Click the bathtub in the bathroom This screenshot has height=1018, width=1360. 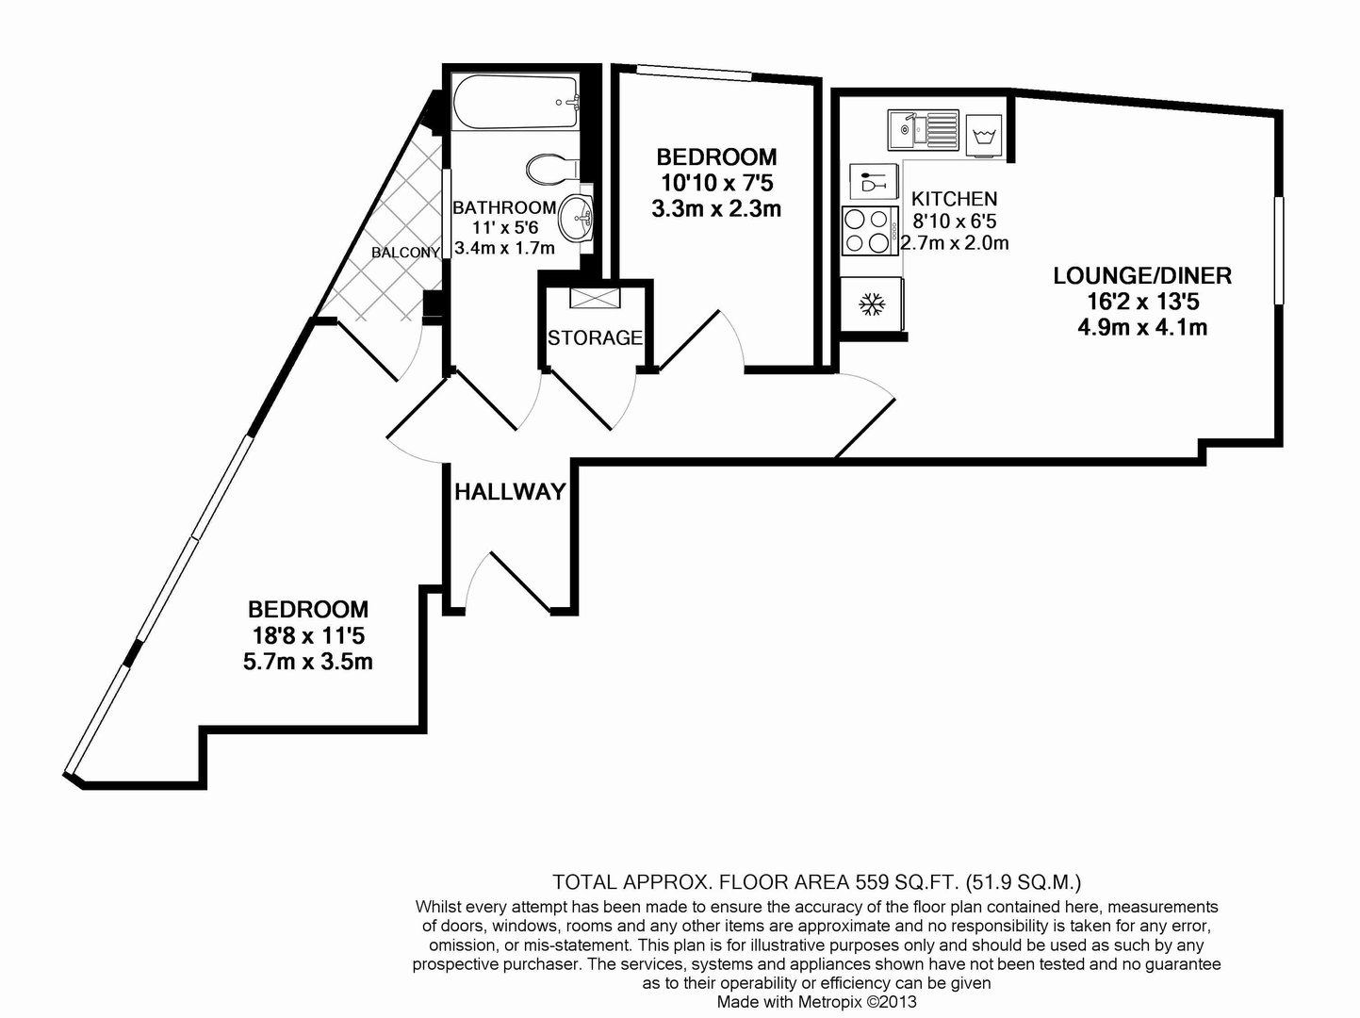pyautogui.click(x=516, y=102)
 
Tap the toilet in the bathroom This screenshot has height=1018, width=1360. pyautogui.click(x=552, y=169)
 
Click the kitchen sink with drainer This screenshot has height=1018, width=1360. pyautogui.click(x=923, y=130)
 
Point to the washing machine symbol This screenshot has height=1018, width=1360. pyautogui.click(x=983, y=135)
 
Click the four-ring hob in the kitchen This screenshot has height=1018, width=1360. pyautogui.click(x=870, y=231)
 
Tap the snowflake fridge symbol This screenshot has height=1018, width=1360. pyautogui.click(x=872, y=304)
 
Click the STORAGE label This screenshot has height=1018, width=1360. pyautogui.click(x=595, y=337)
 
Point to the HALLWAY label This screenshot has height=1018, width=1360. pyautogui.click(x=510, y=492)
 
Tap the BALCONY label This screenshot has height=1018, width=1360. pyautogui.click(x=406, y=253)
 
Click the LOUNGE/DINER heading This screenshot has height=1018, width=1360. pyautogui.click(x=1142, y=276)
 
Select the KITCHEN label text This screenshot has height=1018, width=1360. pyautogui.click(x=954, y=199)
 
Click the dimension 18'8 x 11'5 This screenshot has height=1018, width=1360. pyautogui.click(x=308, y=635)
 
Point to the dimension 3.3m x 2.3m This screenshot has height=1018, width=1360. pyautogui.click(x=715, y=209)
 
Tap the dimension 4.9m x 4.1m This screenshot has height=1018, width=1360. pyautogui.click(x=1142, y=327)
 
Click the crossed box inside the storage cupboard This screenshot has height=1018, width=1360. pyautogui.click(x=595, y=298)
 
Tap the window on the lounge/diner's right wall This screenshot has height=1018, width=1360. pyautogui.click(x=1278, y=251)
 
